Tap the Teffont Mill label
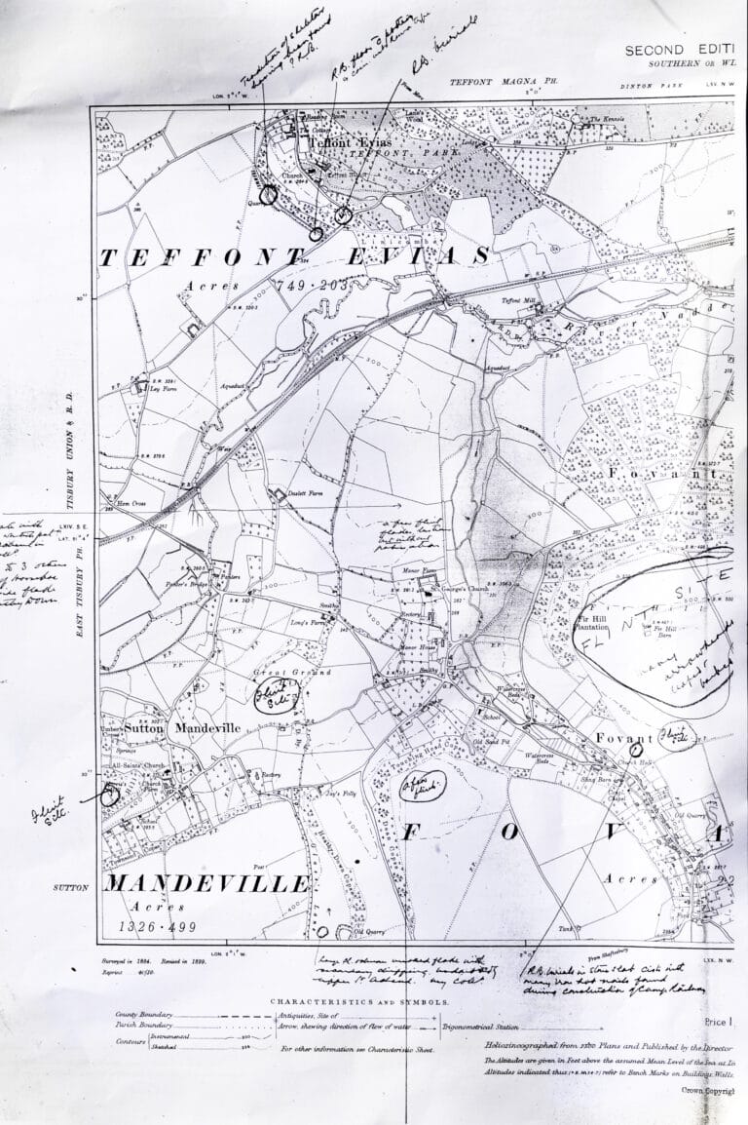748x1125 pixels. click(506, 301)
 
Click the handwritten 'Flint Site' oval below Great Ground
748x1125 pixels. click(263, 694)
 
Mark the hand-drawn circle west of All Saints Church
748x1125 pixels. click(108, 794)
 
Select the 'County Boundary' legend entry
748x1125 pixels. click(145, 1015)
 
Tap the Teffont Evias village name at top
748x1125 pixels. click(336, 141)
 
